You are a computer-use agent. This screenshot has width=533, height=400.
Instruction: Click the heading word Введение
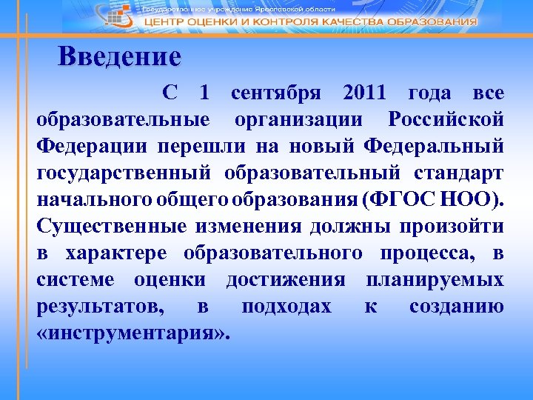coord(119,57)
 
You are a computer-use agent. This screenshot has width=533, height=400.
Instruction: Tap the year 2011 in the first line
coord(365,94)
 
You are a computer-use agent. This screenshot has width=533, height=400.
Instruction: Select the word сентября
coord(276,94)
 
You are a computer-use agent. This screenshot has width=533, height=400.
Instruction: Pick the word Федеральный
coord(435,144)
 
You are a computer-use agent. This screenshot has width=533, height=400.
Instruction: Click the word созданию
coord(457,307)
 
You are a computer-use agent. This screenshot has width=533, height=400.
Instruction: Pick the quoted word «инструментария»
coord(133,333)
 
